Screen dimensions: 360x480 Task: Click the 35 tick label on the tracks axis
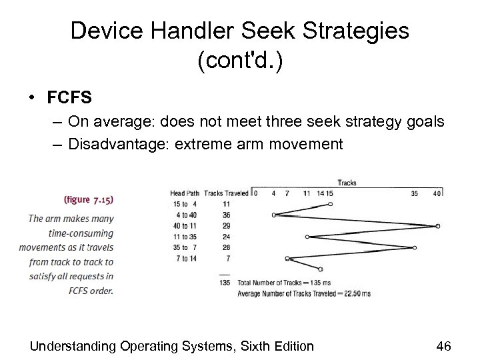[x=415, y=193]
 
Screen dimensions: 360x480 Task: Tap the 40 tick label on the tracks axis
[x=437, y=193]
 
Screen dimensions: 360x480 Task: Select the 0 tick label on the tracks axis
[x=255, y=193]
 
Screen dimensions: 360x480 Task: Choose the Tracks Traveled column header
[x=227, y=193]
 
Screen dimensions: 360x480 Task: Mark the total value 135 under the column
[x=225, y=282]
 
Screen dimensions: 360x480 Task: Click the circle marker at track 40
[x=437, y=226]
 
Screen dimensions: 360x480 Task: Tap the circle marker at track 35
[x=415, y=247]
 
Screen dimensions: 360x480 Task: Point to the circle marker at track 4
[x=274, y=215]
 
